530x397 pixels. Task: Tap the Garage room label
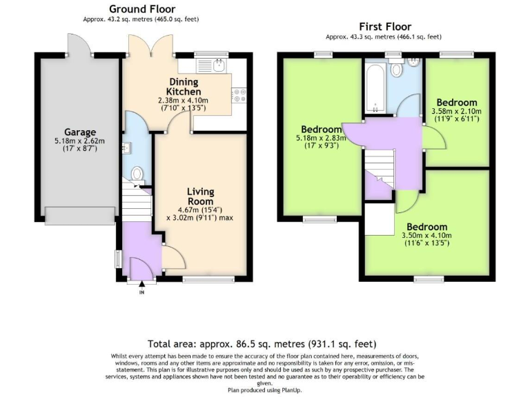[x=80, y=132]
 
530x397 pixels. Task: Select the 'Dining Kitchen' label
[x=185, y=87]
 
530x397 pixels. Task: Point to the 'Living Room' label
[x=201, y=196]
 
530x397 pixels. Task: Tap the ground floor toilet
[x=137, y=173]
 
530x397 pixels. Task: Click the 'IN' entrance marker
[x=141, y=293]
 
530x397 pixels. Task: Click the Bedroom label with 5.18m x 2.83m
[x=321, y=130]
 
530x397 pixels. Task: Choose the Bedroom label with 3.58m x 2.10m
[x=456, y=103]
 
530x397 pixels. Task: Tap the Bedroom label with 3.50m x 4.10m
[x=426, y=227]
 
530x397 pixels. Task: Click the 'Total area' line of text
[x=262, y=343]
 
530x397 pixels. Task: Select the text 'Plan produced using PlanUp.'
[x=265, y=390]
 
